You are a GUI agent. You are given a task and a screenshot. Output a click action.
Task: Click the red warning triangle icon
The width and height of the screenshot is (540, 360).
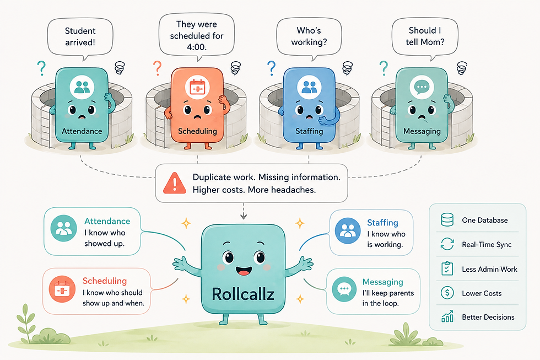click(x=175, y=183)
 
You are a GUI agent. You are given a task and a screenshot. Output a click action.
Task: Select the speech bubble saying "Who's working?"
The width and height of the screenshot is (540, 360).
click(x=309, y=37)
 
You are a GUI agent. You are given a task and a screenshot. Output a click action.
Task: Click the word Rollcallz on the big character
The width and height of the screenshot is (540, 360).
click(x=243, y=294)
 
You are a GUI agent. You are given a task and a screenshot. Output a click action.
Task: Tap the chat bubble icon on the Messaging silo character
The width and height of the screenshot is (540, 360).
click(x=422, y=87)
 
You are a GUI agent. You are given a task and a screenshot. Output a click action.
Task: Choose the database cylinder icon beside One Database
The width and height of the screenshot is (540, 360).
click(x=447, y=219)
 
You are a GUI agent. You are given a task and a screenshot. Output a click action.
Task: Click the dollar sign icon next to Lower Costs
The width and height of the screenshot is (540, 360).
click(x=447, y=293)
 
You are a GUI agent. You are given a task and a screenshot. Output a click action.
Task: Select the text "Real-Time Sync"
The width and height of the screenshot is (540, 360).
click(x=487, y=245)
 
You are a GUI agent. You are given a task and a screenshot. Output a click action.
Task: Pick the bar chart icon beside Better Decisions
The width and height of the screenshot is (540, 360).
click(x=447, y=316)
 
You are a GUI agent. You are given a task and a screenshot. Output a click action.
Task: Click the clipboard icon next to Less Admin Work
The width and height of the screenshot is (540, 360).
click(x=447, y=268)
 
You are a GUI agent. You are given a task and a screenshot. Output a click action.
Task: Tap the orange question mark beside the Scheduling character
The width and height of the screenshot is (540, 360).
click(x=157, y=68)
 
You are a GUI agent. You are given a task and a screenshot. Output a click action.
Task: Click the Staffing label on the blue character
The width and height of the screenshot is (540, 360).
click(x=309, y=131)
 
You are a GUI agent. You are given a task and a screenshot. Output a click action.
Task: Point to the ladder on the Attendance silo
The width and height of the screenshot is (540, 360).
click(x=45, y=126)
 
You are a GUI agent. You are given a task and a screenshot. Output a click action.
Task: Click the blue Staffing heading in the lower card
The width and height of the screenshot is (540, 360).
click(x=382, y=223)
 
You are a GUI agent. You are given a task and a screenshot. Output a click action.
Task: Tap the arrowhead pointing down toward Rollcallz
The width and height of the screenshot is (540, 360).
click(x=244, y=216)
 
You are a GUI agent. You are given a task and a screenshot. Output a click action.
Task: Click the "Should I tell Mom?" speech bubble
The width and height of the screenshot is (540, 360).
click(x=425, y=37)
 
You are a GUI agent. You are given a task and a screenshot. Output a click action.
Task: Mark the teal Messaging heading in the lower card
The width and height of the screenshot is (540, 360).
click(x=382, y=282)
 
